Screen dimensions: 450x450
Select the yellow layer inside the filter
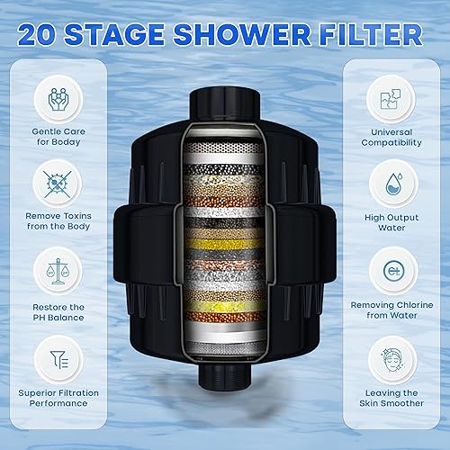(225, 241)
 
